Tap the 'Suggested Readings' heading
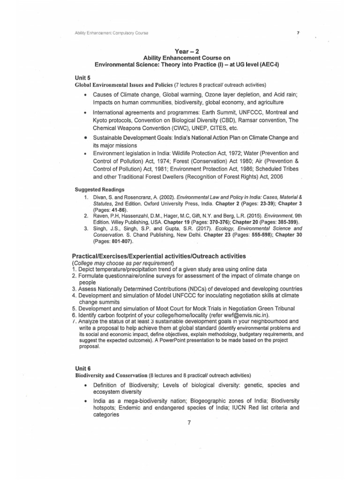99,189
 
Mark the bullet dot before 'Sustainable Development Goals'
85,138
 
